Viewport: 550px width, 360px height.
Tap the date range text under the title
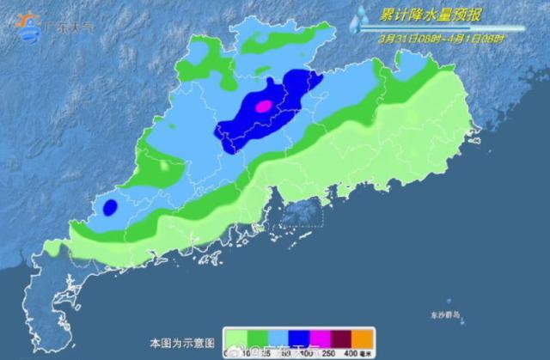[441, 38]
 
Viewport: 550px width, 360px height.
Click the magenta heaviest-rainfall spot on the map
[264, 106]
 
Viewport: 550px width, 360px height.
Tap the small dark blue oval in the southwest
[110, 207]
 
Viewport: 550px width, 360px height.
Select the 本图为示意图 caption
[179, 341]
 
